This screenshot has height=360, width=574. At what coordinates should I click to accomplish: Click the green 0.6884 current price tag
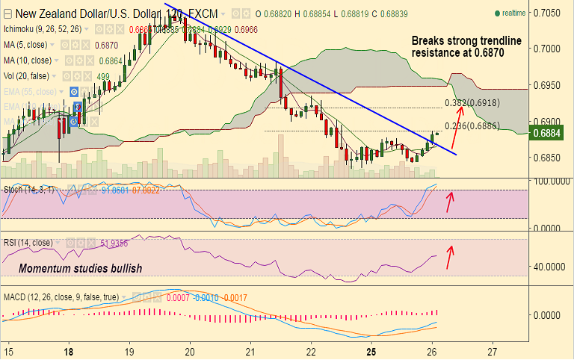(545, 133)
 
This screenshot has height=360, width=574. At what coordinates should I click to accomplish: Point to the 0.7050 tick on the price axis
(549, 13)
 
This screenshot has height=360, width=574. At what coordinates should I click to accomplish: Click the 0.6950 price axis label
(549, 84)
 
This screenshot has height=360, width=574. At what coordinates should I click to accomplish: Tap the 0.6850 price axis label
(549, 157)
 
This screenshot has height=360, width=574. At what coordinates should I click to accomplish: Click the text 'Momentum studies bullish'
(80, 267)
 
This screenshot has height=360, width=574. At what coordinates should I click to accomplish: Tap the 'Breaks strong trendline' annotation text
(466, 41)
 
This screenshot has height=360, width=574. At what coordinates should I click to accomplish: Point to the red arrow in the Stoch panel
(449, 201)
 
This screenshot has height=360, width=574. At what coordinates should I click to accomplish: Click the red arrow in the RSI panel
(450, 256)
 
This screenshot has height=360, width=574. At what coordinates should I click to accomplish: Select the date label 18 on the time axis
(69, 350)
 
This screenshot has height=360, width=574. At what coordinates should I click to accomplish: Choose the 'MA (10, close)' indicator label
(29, 60)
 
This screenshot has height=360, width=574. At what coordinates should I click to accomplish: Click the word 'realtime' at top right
(513, 13)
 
